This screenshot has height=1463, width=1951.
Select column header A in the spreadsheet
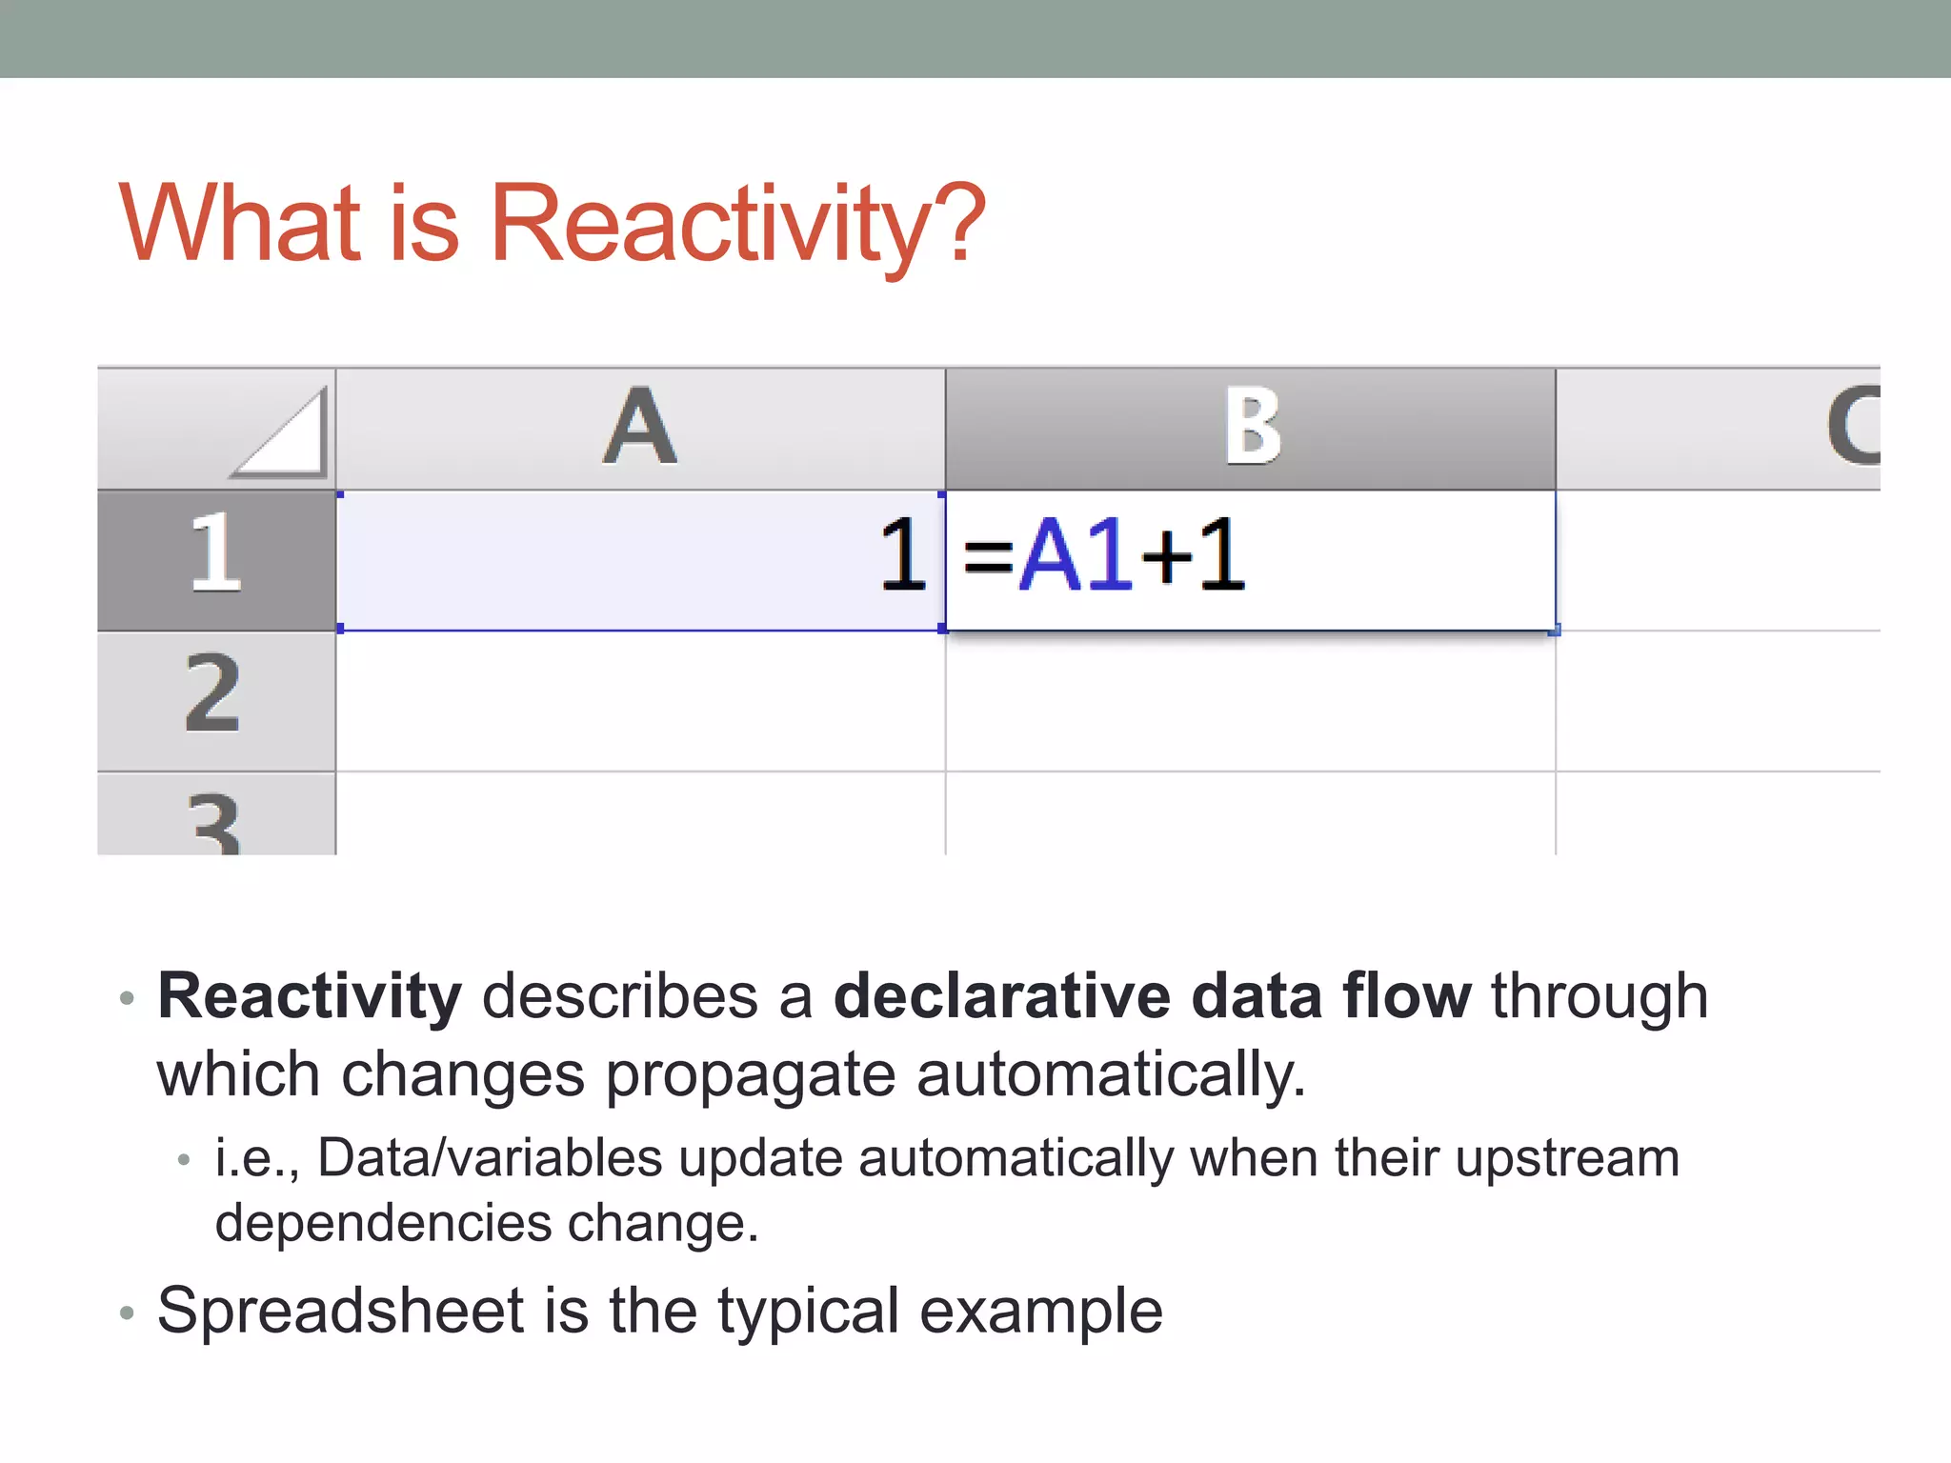(x=640, y=429)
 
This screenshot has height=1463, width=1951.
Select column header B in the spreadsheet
(x=1251, y=429)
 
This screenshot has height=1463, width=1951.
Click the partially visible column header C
(x=1852, y=429)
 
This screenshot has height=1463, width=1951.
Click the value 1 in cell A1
(x=901, y=556)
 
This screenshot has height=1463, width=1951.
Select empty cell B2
(x=1250, y=701)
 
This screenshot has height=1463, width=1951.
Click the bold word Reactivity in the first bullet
(x=310, y=997)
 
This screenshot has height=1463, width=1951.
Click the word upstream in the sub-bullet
(x=1567, y=1159)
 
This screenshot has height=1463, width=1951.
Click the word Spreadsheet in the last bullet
(x=340, y=1312)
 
